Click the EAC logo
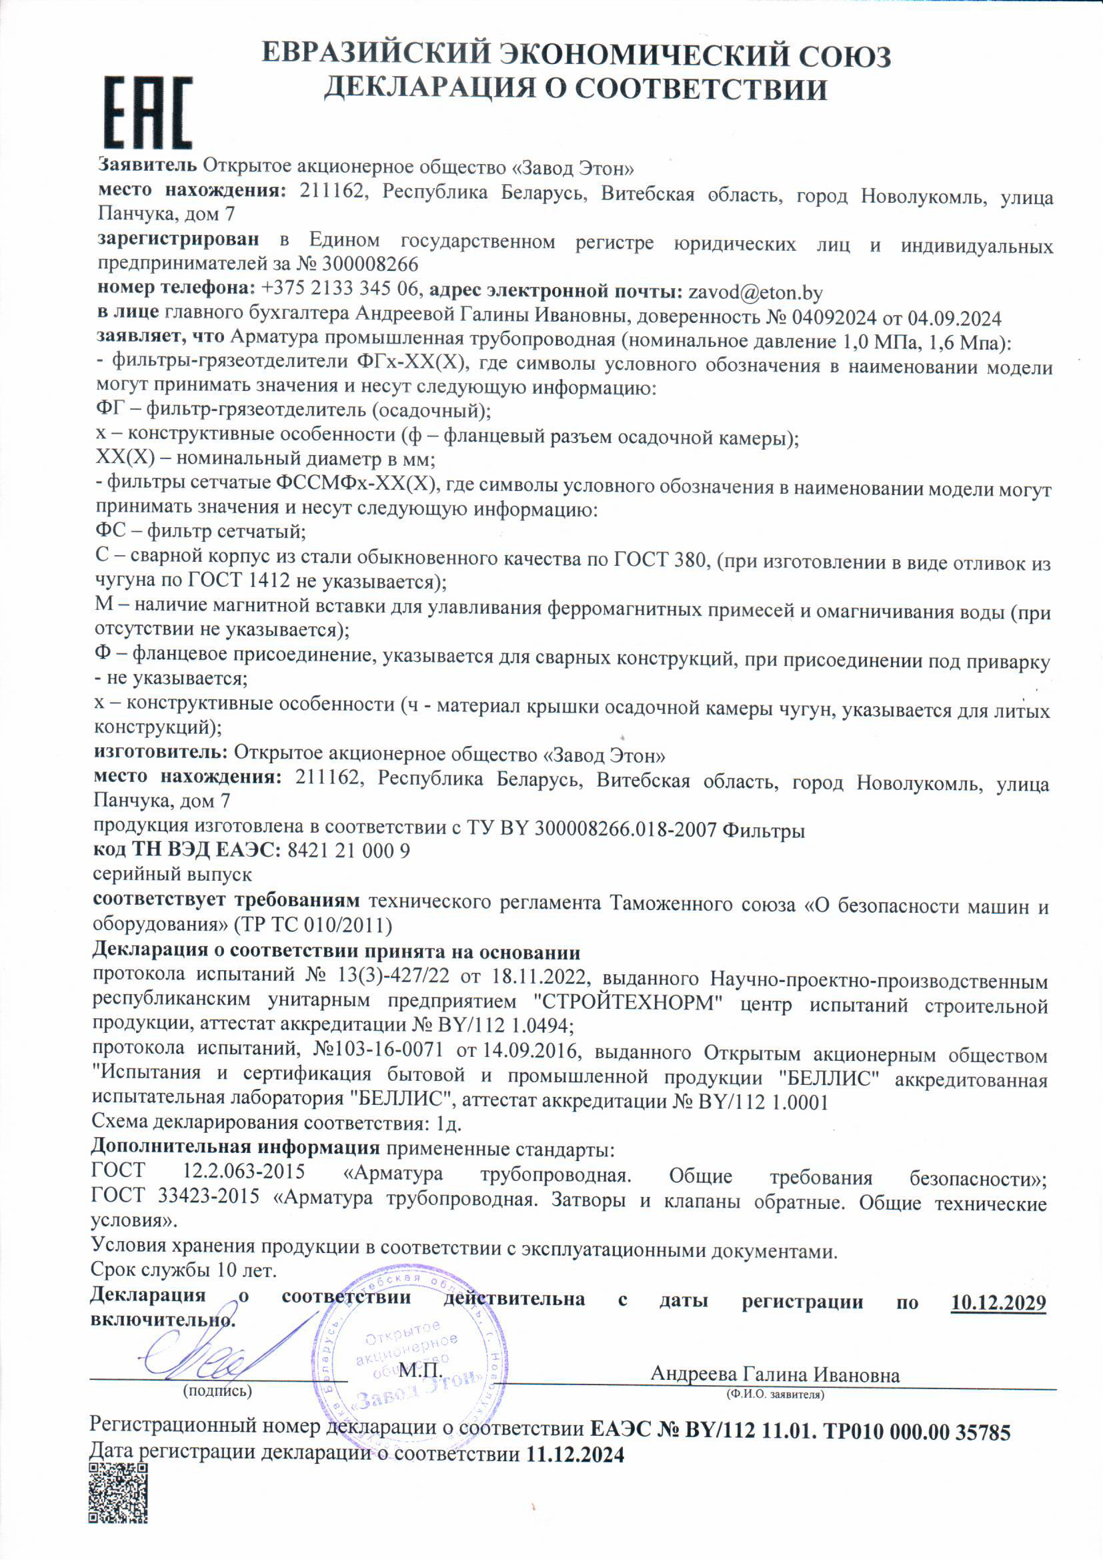pos(147,113)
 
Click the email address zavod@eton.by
pos(756,293)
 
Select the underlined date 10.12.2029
pos(998,1302)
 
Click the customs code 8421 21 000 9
pos(348,851)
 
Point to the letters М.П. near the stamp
pos(420,1370)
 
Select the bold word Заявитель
pos(148,165)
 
